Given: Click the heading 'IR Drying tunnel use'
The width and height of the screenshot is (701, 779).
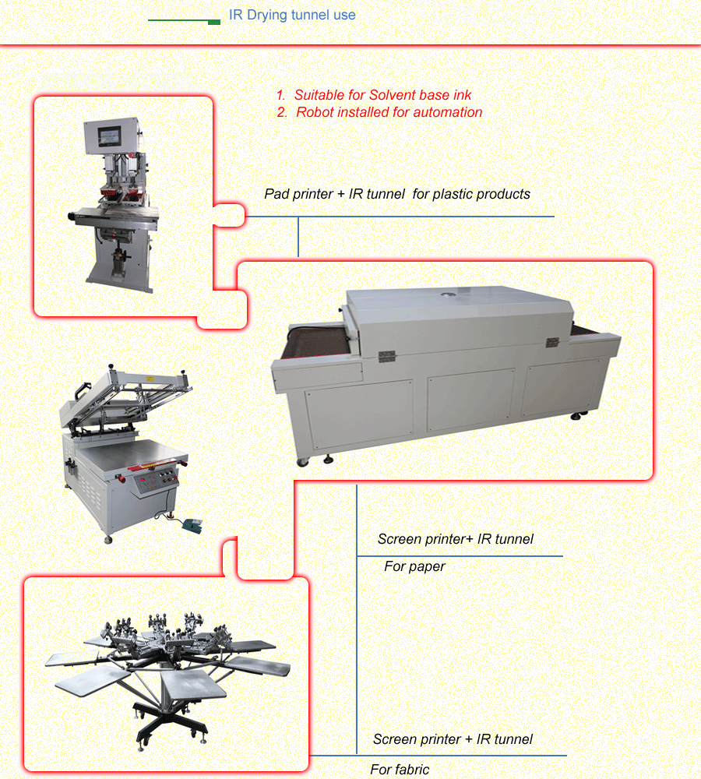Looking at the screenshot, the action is point(292,15).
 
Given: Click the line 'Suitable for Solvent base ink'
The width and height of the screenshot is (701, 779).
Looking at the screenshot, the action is point(382,95).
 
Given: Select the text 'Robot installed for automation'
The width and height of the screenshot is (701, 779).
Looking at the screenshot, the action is point(389,112).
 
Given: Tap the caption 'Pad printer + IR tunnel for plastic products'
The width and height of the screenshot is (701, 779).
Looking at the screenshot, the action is point(397,194).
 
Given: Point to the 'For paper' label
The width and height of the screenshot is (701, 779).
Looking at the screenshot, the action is point(414,566).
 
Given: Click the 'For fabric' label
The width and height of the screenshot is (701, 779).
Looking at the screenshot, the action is point(400,770).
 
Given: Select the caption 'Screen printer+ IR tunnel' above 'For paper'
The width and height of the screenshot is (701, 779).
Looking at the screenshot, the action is point(455,539).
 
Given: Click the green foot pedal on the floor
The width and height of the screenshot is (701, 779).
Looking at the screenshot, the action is point(192,526).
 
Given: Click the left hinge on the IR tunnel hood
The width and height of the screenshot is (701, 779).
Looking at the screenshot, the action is point(386,356).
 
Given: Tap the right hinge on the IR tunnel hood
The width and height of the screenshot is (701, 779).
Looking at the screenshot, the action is point(552,342).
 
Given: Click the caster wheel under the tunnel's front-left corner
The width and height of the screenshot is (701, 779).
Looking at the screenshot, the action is point(302,463).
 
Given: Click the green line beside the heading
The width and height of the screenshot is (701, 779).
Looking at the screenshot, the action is point(185,21).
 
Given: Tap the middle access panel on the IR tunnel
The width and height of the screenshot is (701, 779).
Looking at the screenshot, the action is point(471,400).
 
